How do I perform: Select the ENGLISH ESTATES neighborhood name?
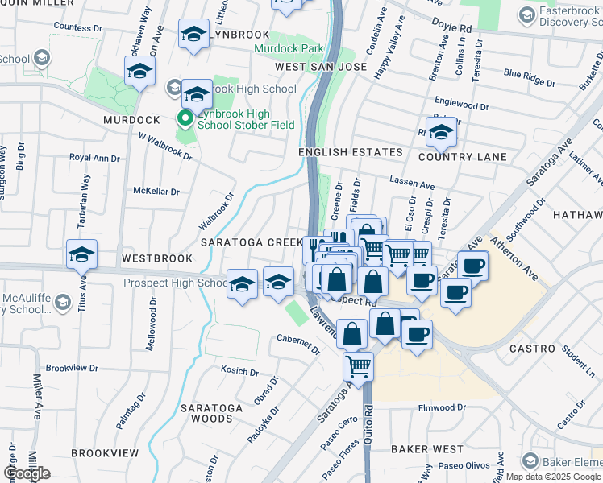tap(350, 152)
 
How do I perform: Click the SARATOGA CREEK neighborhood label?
tap(251, 242)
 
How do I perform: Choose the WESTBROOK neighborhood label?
tap(157, 258)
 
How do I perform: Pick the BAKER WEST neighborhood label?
tap(427, 448)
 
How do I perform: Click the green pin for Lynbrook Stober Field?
tap(185, 119)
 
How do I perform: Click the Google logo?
tap(27, 473)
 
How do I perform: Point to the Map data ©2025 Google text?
tap(551, 477)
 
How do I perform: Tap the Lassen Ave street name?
tap(412, 184)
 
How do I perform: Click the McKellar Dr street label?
tap(156, 192)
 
